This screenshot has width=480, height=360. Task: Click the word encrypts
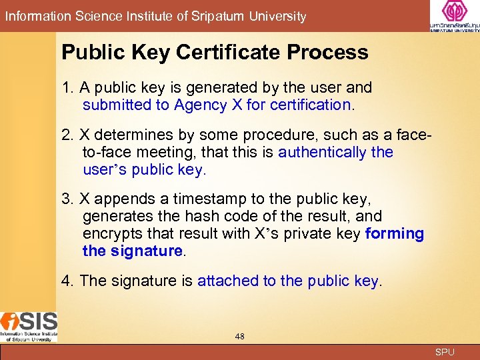tap(110, 233)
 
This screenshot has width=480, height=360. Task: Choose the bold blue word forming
tap(395, 233)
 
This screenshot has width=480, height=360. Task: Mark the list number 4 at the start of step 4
tap(66, 281)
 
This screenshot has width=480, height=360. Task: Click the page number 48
tap(240, 337)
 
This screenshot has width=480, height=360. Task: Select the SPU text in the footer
tap(445, 352)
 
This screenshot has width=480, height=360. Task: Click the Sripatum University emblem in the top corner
tap(454, 13)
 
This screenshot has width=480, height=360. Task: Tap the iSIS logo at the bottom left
tap(29, 326)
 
